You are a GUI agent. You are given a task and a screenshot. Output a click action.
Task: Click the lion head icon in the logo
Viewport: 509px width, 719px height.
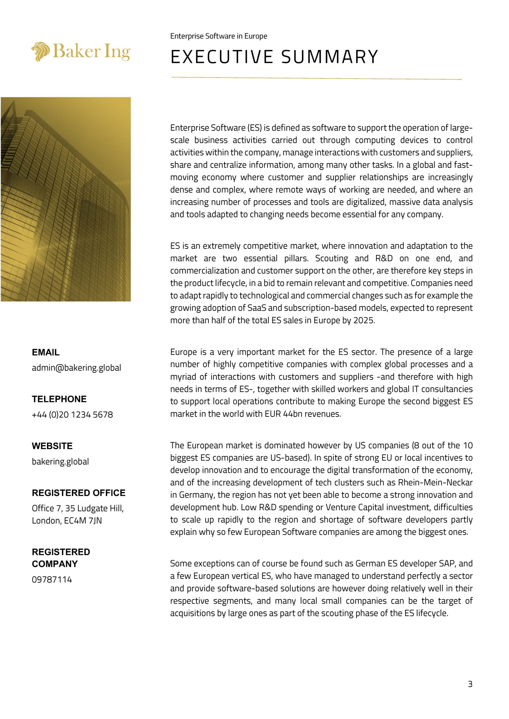[x=41, y=52]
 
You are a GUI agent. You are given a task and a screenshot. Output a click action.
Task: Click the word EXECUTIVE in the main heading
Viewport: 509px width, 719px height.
[x=222, y=57]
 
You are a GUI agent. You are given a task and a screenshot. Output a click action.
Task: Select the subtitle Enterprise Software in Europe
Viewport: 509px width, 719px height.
[x=219, y=36]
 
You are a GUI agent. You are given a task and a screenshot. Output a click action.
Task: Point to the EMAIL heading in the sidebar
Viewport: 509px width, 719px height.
[x=46, y=352]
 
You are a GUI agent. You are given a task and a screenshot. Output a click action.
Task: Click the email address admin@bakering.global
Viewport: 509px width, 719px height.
[x=76, y=368]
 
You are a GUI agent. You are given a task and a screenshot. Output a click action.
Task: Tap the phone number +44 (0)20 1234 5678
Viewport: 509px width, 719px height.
[x=72, y=415]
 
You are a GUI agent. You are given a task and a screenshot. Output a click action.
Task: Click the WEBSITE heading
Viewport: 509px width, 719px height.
[x=52, y=446]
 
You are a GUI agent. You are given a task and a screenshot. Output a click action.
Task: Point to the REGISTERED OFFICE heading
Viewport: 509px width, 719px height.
[x=78, y=493]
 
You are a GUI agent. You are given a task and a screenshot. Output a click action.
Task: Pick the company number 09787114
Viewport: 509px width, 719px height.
[x=52, y=580]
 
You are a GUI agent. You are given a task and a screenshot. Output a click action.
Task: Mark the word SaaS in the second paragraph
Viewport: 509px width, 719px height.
[x=256, y=308]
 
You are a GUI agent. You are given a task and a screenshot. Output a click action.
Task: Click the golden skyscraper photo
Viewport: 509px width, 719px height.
[x=66, y=199]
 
